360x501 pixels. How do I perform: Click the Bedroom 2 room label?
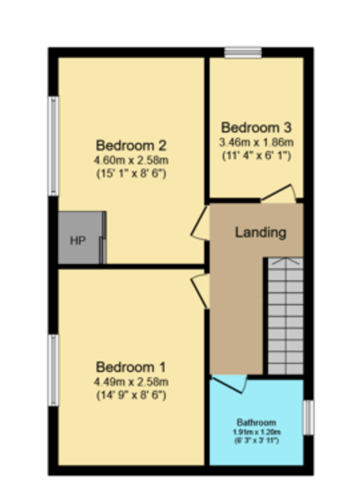pos(131,146)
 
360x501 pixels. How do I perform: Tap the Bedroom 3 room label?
pos(256,128)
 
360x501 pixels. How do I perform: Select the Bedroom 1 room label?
pos(130,367)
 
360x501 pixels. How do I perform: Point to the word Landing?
pos(261,232)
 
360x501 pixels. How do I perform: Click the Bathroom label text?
pos(256,422)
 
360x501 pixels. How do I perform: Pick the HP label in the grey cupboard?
pos(78,240)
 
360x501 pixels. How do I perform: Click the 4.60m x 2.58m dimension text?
pos(131,160)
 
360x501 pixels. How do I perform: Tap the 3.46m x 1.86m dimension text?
pos(256,142)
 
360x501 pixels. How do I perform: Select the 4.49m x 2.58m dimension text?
pos(131,381)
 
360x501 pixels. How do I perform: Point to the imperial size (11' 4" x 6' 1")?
pos(256,156)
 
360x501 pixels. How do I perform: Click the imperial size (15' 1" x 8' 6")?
pos(131,174)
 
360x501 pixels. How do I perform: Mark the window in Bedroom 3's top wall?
pos(243,53)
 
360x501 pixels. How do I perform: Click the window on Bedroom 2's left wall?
pos(53,146)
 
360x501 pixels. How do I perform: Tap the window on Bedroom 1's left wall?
pos(53,371)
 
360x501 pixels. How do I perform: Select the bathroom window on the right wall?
pos(308,418)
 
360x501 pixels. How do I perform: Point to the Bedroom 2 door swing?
pos(200,224)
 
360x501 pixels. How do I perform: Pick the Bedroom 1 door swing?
pos(200,289)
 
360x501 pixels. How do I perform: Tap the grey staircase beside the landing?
pos(285,315)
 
